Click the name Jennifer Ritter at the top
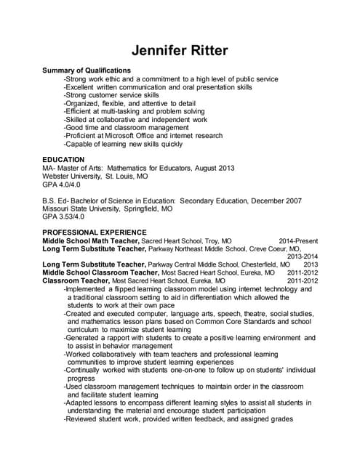point(180,50)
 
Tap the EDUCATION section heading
point(63,159)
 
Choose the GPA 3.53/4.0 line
point(63,217)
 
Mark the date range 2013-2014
point(303,256)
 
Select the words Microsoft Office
point(138,135)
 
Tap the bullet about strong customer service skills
point(111,95)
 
